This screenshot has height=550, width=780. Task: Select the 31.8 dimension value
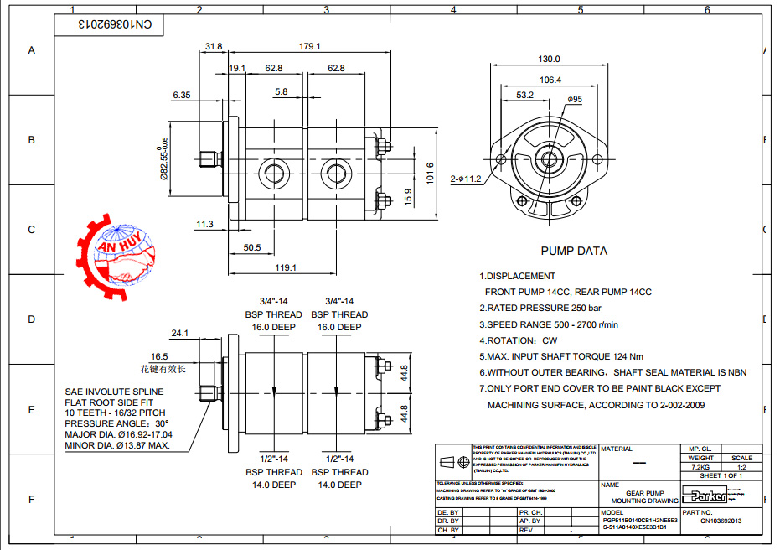(214, 46)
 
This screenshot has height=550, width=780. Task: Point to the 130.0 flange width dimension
(549, 60)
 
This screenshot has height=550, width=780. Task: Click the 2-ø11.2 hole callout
(466, 179)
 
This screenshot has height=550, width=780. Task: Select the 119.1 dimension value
(286, 267)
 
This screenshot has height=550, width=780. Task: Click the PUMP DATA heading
(574, 251)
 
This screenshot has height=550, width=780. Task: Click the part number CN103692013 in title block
(721, 521)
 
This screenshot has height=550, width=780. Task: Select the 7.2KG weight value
(700, 467)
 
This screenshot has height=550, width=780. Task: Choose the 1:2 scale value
(741, 467)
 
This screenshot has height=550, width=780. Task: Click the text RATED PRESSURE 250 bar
(540, 308)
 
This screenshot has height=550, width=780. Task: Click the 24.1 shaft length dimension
(179, 333)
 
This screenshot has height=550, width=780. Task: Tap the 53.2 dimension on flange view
(525, 96)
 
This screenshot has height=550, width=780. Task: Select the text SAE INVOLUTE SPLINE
(114, 392)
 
